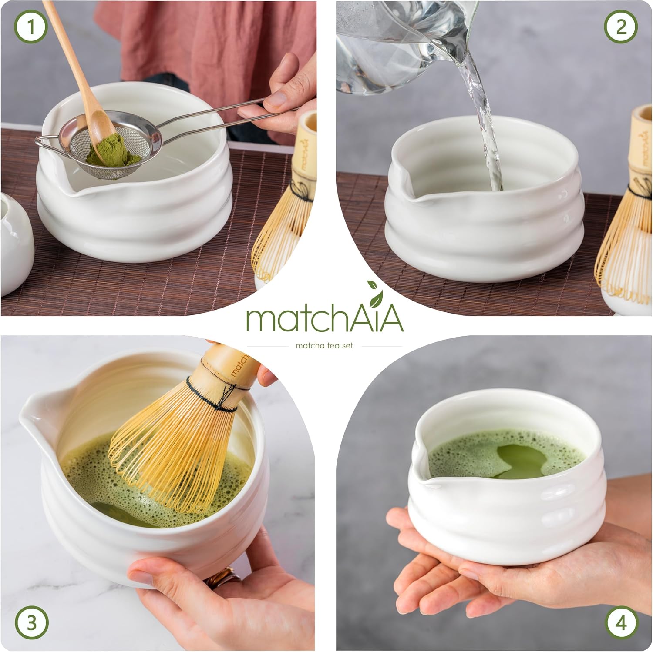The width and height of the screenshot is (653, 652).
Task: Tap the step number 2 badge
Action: pos(621,27)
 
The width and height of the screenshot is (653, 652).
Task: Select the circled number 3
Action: pos(31,623)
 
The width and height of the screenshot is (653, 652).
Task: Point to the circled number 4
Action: pos(621,623)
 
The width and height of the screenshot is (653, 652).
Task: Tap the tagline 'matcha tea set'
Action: pos(324,346)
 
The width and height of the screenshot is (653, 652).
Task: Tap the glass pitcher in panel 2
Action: pos(392,43)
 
